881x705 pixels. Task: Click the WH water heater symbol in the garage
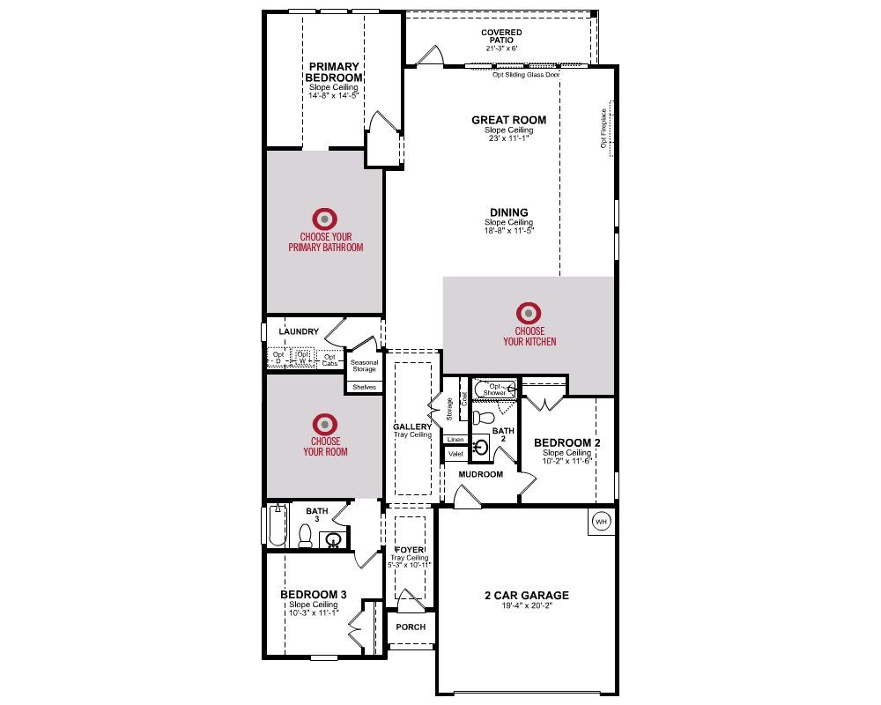(602, 521)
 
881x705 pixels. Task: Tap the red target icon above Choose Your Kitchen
(529, 312)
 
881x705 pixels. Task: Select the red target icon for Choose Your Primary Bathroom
(325, 218)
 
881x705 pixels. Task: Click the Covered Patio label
(501, 36)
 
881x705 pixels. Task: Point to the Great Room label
(508, 120)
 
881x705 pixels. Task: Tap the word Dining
(509, 212)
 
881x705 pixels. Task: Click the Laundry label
(298, 331)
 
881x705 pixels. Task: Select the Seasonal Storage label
(364, 366)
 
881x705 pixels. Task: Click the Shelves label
(364, 387)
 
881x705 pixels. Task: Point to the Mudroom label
(480, 474)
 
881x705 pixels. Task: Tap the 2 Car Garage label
(527, 595)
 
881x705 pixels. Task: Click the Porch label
(411, 627)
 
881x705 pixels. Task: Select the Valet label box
(455, 454)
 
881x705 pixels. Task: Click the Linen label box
(455, 439)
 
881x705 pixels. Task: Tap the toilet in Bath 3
(305, 535)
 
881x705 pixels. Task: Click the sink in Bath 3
(334, 539)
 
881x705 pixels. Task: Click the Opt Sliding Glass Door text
(526, 76)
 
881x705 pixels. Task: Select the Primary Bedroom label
(334, 71)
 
